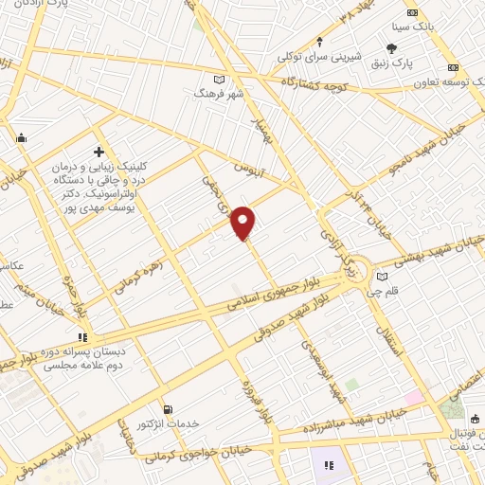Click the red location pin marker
coord(244,222)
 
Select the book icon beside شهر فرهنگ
coord(221,79)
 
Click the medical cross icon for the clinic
coord(99,152)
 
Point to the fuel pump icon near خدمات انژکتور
coord(169,409)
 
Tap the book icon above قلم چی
coord(382,277)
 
